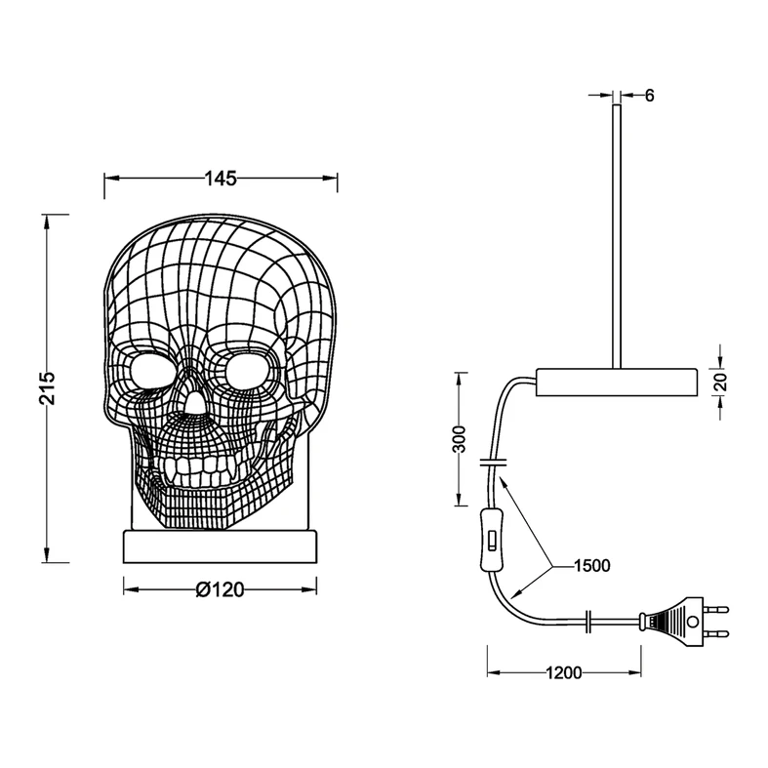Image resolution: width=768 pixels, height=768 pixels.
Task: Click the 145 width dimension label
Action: [221, 179]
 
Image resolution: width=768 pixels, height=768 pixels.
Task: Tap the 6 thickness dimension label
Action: [649, 95]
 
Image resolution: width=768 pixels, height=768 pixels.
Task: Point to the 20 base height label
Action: [721, 381]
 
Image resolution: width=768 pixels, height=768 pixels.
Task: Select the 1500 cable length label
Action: [592, 566]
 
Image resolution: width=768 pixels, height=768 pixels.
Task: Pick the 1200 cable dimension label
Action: [563, 672]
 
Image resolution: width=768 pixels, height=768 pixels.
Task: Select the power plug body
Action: [672, 621]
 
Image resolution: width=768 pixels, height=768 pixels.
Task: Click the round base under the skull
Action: [221, 546]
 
